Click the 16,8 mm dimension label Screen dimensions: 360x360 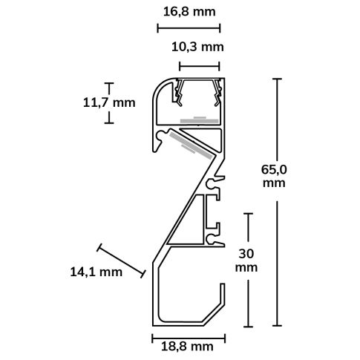point(189,12)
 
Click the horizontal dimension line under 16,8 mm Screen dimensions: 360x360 point(189,28)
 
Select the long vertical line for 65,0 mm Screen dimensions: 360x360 point(278,200)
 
